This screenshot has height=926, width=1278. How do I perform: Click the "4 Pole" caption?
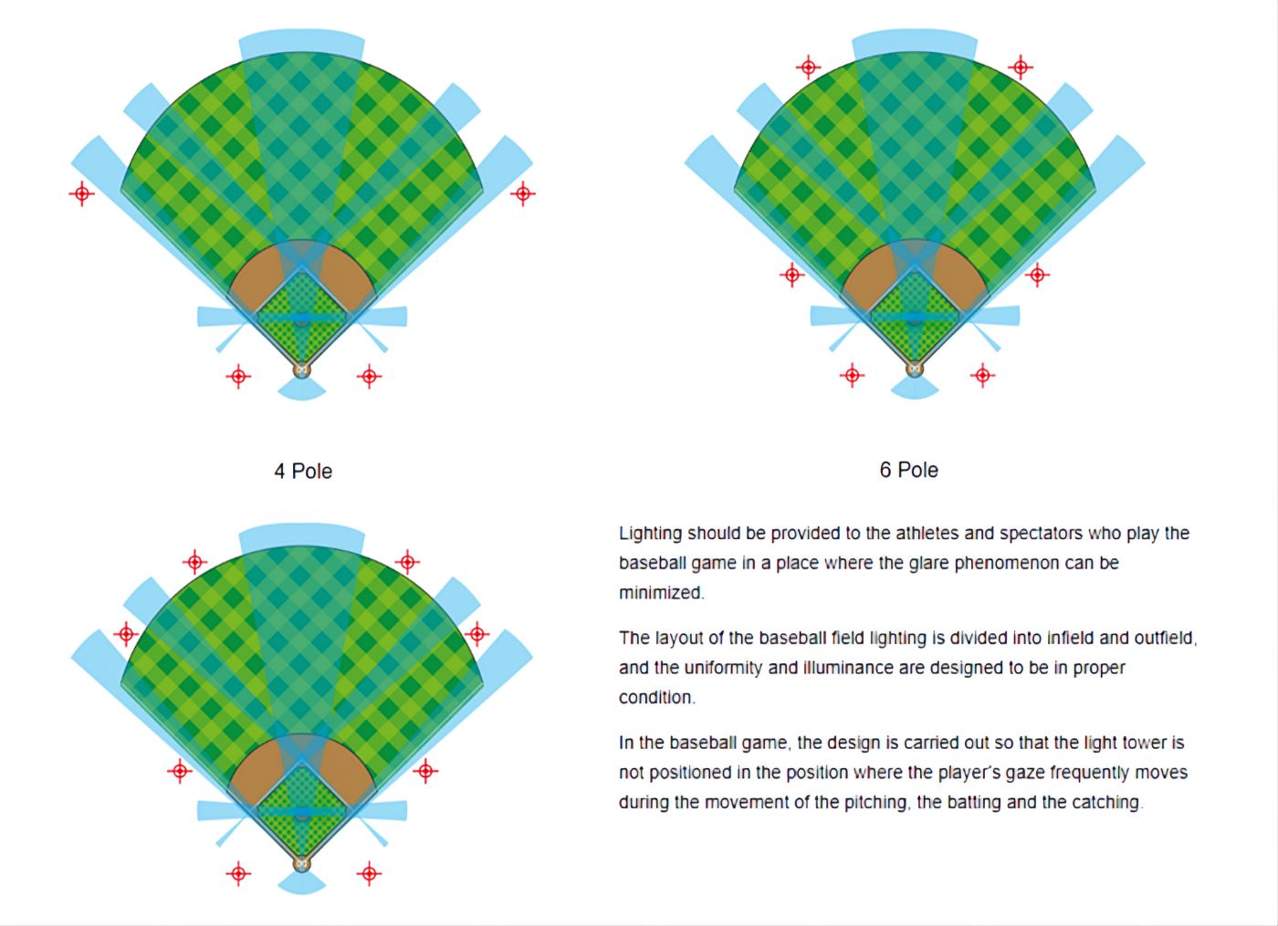[303, 472]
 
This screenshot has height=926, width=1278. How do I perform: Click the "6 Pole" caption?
[909, 471]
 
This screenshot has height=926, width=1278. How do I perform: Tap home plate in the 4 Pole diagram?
[302, 369]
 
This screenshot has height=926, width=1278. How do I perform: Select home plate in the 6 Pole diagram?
[915, 369]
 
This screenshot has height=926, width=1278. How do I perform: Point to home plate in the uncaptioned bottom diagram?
[302, 864]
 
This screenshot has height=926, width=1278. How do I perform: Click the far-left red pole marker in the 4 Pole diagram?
[81, 193]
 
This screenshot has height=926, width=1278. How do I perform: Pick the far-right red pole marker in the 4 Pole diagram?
[522, 193]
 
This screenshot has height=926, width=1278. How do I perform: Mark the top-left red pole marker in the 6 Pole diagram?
[808, 68]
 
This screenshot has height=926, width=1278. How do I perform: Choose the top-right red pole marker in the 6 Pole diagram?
[1021, 68]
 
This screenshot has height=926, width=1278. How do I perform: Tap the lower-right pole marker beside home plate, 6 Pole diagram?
[982, 375]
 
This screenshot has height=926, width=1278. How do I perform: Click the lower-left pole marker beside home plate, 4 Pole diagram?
[238, 376]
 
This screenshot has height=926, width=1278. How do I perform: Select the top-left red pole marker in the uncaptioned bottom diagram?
[194, 562]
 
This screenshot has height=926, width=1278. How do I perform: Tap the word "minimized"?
[662, 593]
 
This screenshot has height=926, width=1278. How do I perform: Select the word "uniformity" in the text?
[723, 668]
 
